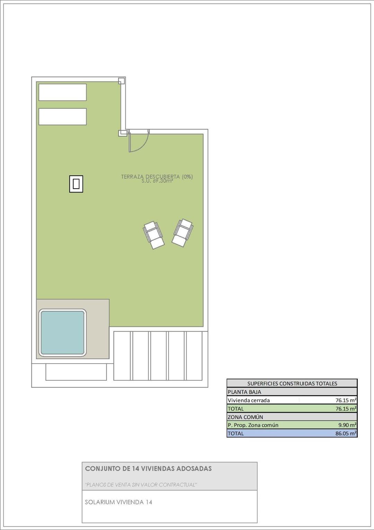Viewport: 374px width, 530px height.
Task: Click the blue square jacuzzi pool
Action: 62,333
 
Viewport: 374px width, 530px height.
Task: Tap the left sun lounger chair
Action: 154,235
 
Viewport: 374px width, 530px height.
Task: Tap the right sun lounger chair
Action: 182,233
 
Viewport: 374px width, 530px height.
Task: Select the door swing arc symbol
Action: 139,142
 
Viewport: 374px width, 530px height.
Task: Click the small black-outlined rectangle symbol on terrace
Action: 76,184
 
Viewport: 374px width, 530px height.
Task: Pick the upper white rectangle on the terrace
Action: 62,92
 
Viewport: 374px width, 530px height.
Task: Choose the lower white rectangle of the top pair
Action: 62,116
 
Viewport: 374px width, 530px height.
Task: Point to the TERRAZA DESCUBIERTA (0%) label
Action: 157,176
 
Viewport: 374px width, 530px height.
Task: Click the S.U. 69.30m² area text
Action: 157,181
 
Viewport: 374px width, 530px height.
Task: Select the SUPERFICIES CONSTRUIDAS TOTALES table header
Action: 292,383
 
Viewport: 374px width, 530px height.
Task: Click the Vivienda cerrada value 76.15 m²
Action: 346,400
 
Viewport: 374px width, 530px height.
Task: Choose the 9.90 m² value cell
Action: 347,425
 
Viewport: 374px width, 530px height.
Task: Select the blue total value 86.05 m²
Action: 346,433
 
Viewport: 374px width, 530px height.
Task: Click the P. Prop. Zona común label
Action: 253,425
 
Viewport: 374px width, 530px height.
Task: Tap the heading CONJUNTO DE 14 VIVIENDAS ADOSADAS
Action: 148,469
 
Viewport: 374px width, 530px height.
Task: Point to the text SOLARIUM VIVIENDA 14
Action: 118,502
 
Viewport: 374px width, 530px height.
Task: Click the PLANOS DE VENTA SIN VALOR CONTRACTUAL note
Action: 141,485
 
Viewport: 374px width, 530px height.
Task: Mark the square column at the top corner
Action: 121,81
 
